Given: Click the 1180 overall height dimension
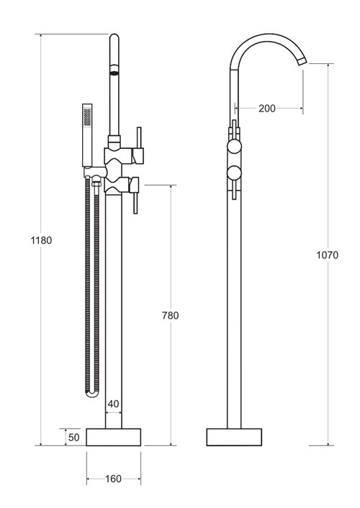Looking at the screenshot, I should point(41,240).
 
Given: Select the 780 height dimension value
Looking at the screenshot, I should point(170,315).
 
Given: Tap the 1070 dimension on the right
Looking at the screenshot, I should point(327,255).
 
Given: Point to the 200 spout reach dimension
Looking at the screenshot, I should point(266,108).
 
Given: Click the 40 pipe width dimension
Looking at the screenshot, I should point(113,404).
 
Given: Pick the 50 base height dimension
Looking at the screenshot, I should point(74,437).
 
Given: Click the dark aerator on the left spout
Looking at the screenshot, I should point(113,71).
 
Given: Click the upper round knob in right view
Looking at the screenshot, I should point(235,148).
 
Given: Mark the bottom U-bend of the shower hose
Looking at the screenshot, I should point(91,395).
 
